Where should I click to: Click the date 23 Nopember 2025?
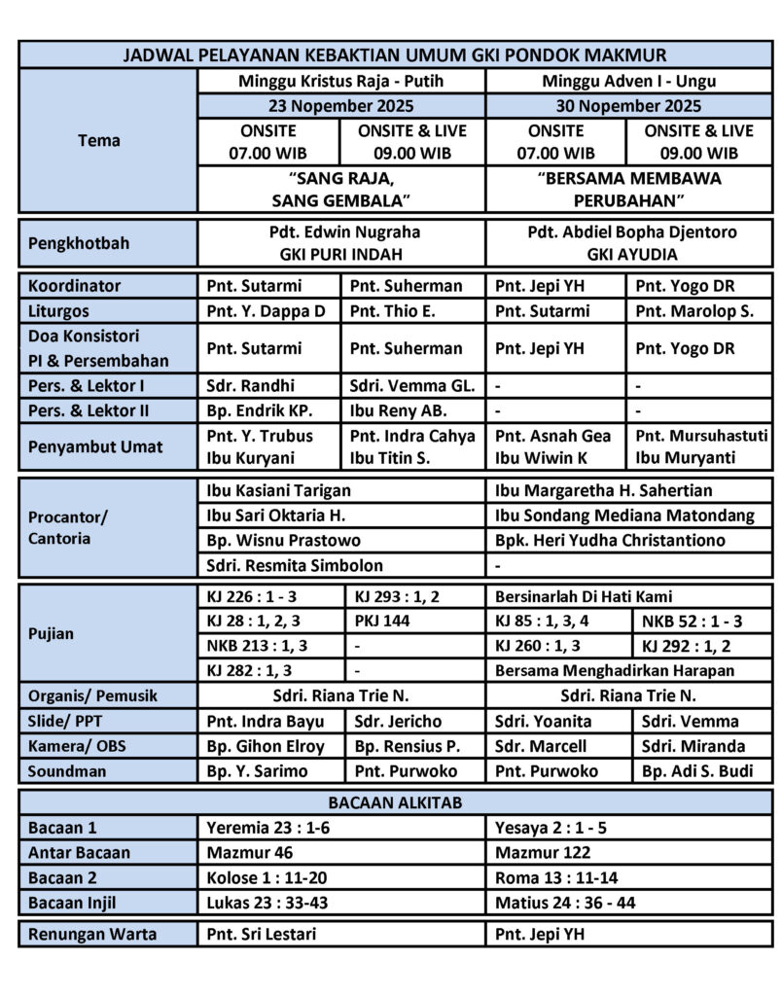click(x=340, y=106)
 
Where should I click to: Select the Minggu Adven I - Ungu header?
click(x=628, y=81)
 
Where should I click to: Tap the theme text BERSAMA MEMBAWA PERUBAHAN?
click(x=628, y=190)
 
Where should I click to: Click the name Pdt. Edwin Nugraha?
click(x=340, y=232)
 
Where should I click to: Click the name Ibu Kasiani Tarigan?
click(x=278, y=491)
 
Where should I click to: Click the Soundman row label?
click(x=67, y=772)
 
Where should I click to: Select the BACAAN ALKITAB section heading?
click(x=394, y=802)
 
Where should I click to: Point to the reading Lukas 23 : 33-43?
click(x=267, y=903)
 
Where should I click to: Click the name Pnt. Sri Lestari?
click(x=262, y=936)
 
